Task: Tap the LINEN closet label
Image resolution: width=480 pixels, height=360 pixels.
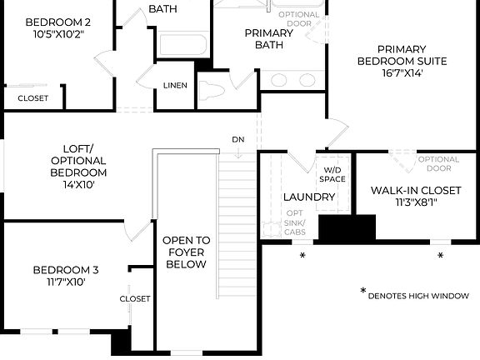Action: (x=175, y=86)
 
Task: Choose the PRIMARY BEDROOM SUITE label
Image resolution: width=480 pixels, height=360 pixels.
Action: (x=402, y=55)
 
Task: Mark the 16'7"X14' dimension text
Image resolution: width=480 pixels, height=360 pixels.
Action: (x=402, y=72)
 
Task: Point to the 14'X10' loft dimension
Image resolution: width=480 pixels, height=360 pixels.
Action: (x=78, y=184)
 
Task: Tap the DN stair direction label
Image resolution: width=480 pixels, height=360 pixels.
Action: (x=239, y=140)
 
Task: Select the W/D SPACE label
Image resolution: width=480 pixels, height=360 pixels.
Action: (x=332, y=174)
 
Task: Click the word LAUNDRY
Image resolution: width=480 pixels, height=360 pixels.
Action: (x=309, y=197)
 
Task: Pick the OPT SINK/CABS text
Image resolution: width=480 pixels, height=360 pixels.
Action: (x=295, y=222)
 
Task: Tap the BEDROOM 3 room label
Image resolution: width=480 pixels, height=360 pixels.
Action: (x=66, y=270)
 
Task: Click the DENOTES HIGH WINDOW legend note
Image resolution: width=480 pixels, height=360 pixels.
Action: (x=417, y=295)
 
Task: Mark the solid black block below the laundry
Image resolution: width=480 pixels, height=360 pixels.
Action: (x=347, y=228)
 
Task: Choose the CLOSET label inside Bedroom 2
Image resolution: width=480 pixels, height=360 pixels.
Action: (x=32, y=98)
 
